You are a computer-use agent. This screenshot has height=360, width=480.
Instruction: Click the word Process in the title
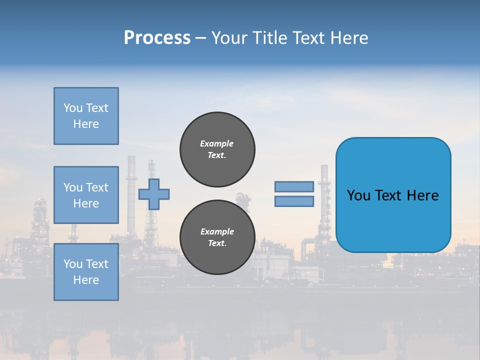(x=157, y=38)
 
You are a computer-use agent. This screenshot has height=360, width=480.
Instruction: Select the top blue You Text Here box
(x=86, y=116)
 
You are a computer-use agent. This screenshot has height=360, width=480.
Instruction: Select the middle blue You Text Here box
(x=86, y=195)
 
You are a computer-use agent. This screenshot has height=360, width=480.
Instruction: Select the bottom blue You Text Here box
(x=86, y=272)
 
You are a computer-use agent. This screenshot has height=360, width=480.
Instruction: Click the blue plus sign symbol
(x=154, y=194)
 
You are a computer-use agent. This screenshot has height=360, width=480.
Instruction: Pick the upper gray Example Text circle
(x=217, y=149)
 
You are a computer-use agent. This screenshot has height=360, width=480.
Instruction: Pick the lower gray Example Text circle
(x=217, y=237)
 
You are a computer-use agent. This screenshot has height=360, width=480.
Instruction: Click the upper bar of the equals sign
(x=294, y=186)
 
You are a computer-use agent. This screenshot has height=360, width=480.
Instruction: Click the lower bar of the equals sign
(x=294, y=201)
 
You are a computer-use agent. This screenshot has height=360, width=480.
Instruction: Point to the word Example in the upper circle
(x=216, y=143)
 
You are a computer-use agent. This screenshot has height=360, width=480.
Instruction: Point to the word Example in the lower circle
(x=216, y=231)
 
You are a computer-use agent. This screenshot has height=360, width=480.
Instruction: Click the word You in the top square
(x=73, y=108)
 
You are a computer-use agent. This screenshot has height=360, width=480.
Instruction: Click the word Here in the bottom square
(x=86, y=280)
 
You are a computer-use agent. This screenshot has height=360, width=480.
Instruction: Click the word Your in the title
(x=228, y=38)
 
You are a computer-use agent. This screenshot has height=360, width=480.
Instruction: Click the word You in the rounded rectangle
(x=358, y=195)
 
